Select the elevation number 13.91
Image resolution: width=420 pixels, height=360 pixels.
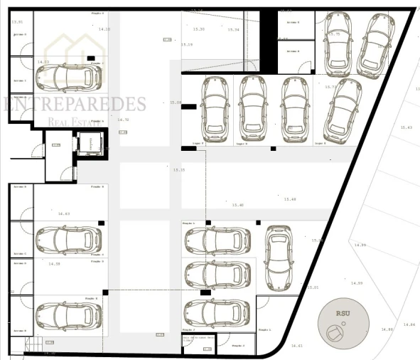pos(18,22)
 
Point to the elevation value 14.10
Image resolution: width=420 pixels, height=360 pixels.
pos(104,29)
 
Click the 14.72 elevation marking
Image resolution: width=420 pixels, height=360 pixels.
pos(123,120)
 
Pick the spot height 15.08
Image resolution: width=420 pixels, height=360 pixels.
pos(176,102)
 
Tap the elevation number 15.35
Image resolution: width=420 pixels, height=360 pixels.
pos(178,170)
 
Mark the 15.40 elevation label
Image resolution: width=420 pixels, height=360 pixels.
pos(237,205)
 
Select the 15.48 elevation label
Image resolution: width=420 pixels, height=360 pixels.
pos(289,198)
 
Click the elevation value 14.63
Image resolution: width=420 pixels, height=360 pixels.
pos(64,213)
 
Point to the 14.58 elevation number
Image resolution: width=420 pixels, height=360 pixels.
pos(55,264)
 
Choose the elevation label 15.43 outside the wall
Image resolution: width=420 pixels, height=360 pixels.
pos(406,127)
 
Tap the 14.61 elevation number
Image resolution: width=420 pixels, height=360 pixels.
pos(297,346)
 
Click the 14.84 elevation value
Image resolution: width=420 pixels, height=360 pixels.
pos(408,324)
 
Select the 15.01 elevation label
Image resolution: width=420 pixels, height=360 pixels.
pos(313,287)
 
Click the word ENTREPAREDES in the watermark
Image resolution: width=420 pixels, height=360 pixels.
pos(75,105)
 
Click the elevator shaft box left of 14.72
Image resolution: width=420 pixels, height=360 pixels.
pos(89,144)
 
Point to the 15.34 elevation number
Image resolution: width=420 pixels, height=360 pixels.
pos(233,29)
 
